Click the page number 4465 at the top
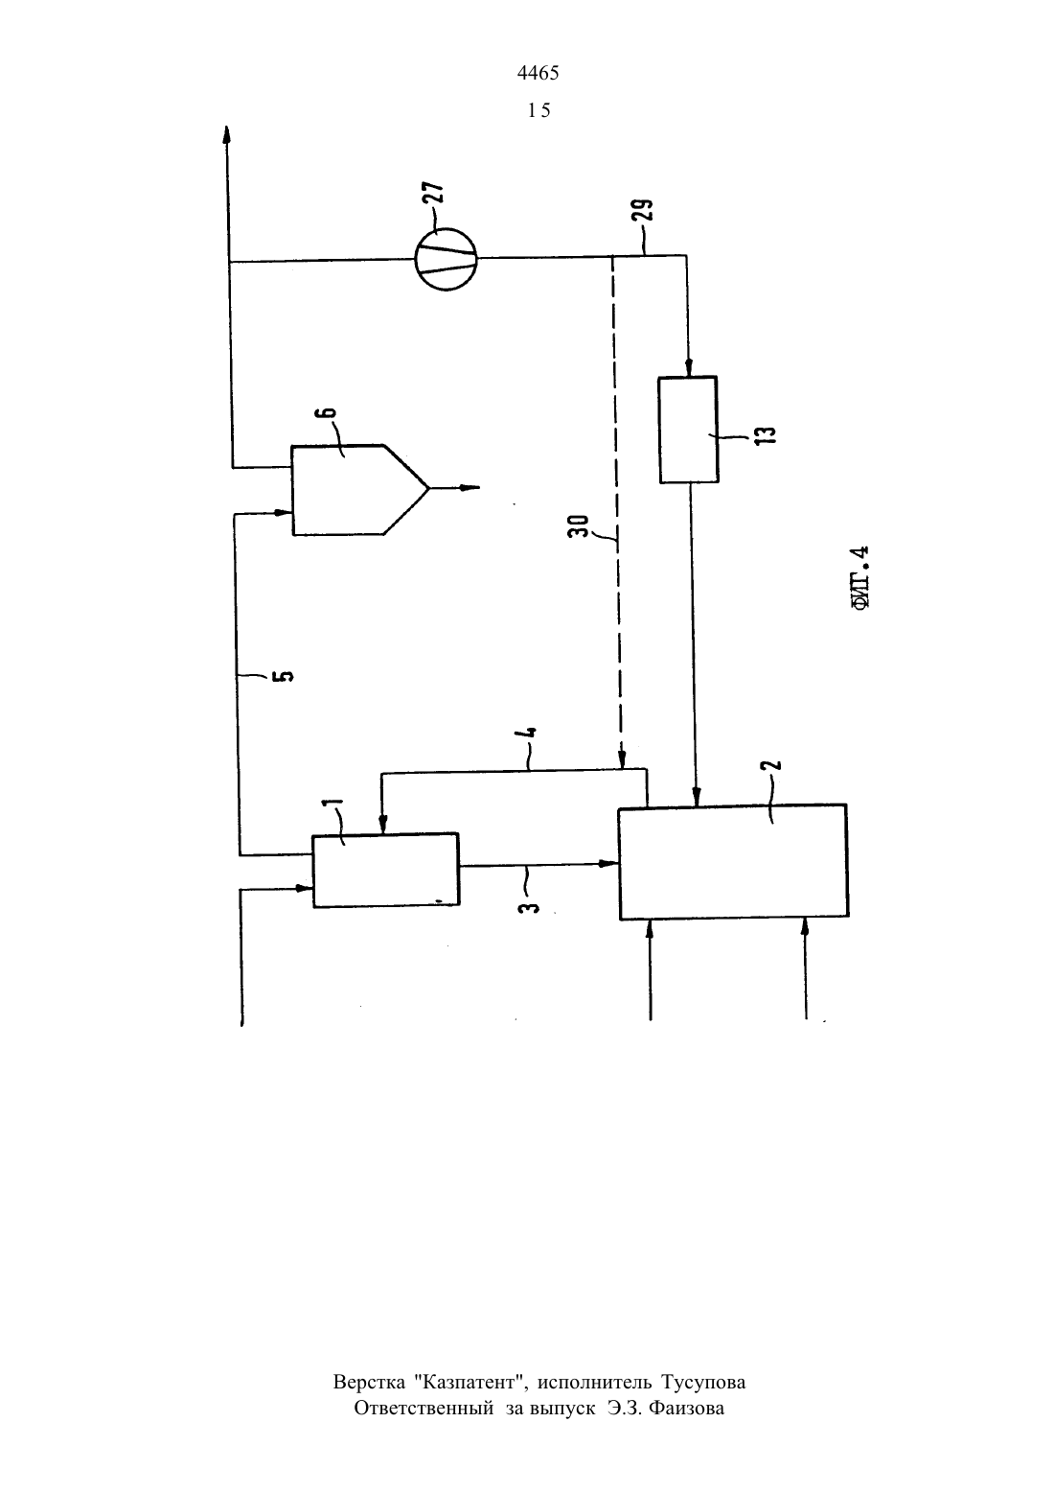pos(538,73)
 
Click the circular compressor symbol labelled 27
pos(446,258)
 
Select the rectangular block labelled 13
pos(688,430)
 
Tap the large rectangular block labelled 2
pos(733,863)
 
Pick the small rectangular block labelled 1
pos(386,870)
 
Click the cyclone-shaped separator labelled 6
pos(359,490)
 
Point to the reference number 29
pos(644,210)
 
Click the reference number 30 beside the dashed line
pos(579,526)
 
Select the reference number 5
pos(286,675)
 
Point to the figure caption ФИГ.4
pos(861,578)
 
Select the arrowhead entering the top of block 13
pos(689,367)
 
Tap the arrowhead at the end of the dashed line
pos(622,760)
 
